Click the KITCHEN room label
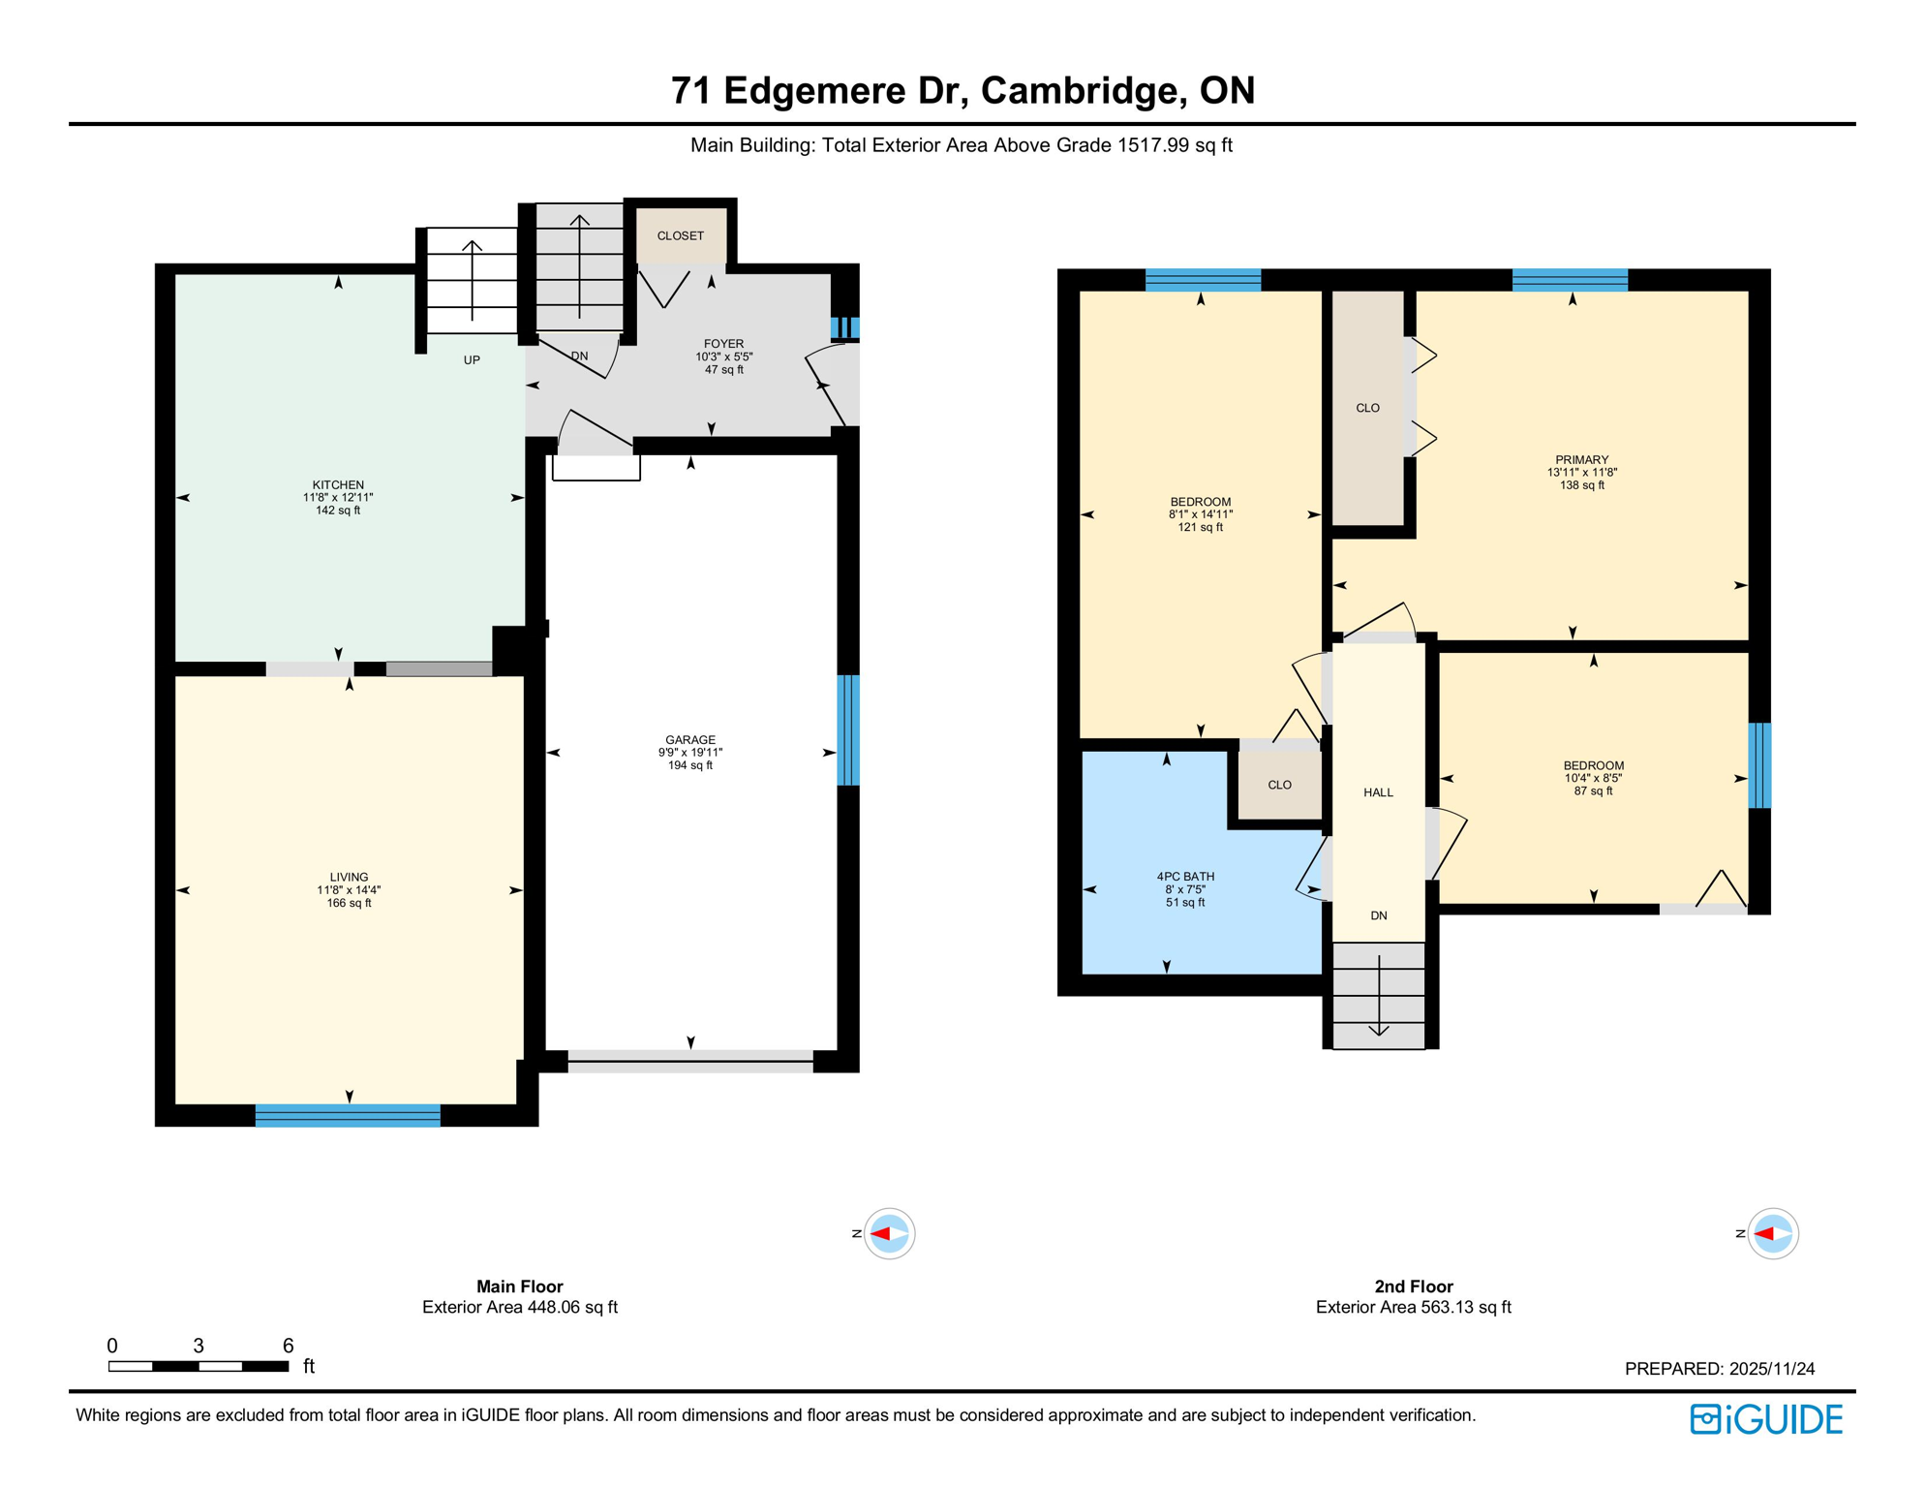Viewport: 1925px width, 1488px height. [338, 485]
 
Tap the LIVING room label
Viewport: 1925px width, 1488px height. [349, 878]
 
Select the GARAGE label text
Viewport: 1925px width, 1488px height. [690, 740]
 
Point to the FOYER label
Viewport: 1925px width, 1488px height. [724, 344]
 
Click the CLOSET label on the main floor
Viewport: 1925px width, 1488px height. [681, 235]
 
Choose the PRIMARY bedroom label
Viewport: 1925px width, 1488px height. [1582, 460]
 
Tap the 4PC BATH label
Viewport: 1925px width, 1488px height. [1185, 877]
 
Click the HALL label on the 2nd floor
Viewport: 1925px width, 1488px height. [1379, 792]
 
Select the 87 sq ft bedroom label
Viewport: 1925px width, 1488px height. [1594, 765]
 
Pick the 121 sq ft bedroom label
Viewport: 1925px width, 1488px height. [1201, 502]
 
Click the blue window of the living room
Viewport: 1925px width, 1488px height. [348, 1115]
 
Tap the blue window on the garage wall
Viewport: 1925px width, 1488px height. [848, 729]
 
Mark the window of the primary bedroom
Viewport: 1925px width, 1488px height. [1570, 280]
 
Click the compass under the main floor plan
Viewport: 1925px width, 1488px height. [889, 1233]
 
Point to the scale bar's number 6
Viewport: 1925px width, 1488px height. [288, 1345]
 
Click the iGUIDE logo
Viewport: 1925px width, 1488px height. [1766, 1419]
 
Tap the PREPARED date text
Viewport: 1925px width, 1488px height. [1720, 1369]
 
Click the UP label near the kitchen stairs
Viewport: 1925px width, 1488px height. [472, 360]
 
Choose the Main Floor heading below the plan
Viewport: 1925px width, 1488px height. [520, 1286]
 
